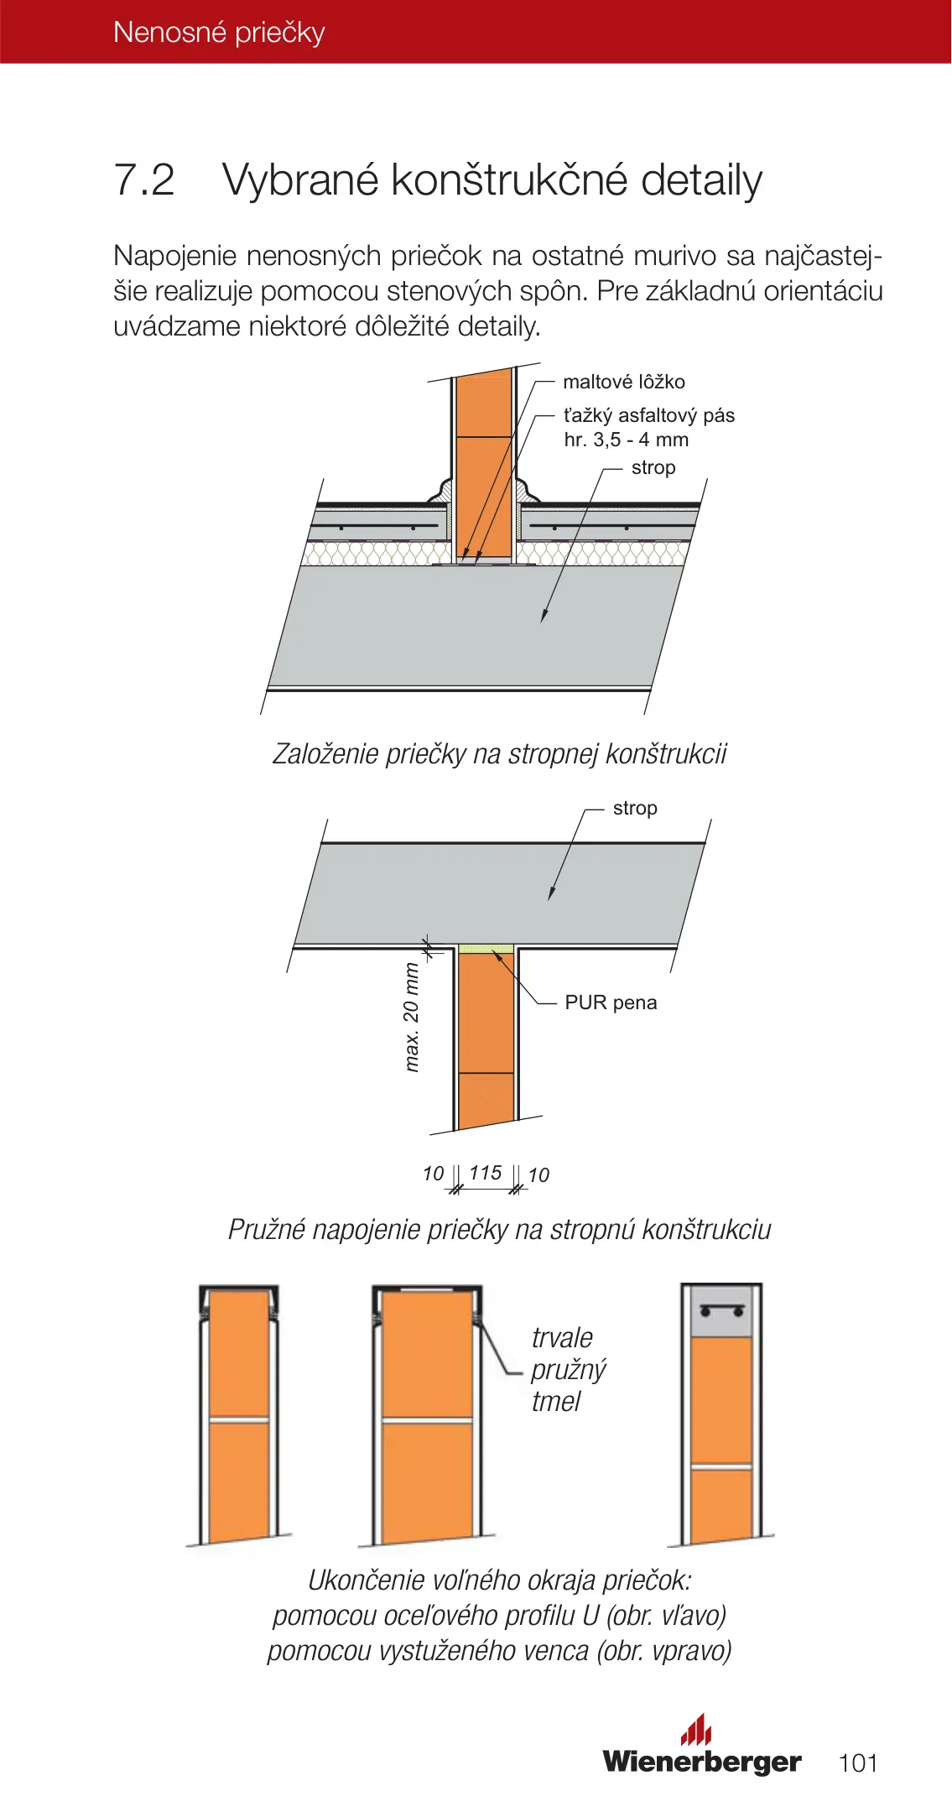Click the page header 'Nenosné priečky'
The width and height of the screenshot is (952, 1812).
(x=219, y=33)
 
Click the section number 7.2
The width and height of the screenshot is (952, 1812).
(x=144, y=180)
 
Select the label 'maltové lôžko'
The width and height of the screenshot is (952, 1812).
(x=623, y=383)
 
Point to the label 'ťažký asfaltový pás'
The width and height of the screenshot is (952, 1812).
(x=648, y=416)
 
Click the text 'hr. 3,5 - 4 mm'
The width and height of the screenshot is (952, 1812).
(x=626, y=440)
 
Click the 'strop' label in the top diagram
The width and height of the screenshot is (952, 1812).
(x=653, y=468)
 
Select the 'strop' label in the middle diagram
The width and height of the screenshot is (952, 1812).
(x=635, y=809)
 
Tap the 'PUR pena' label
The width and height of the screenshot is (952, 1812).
(x=611, y=1003)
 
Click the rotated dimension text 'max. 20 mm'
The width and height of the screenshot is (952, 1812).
(x=411, y=1018)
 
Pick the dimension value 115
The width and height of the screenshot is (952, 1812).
(x=486, y=1173)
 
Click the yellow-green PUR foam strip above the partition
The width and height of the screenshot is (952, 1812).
(x=486, y=949)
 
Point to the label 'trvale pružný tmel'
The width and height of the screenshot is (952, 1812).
(x=568, y=1369)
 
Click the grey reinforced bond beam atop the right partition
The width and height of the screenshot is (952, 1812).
(x=721, y=1312)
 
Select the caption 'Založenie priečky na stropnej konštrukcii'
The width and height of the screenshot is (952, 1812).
(x=499, y=754)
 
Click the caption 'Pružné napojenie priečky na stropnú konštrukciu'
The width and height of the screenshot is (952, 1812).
(x=499, y=1230)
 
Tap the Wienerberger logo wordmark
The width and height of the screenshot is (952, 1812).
(x=701, y=1762)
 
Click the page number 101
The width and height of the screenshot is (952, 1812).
(x=857, y=1763)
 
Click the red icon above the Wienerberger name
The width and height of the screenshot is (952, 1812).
(x=696, y=1729)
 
